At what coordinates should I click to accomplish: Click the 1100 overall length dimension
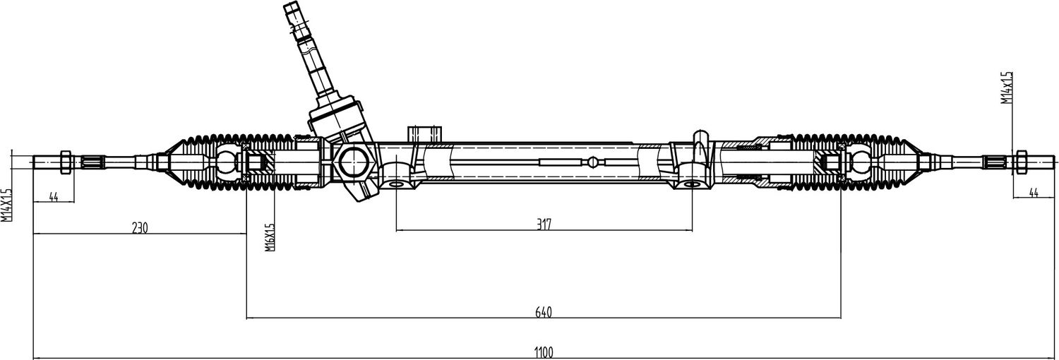(544, 352)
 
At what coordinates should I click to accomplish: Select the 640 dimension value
(544, 312)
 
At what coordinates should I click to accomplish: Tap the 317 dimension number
(544, 224)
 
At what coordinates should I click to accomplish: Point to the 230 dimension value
(140, 228)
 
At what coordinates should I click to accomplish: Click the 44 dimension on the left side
(54, 196)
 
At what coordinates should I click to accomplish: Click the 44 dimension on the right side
(1034, 193)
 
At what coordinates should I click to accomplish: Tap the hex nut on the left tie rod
(66, 162)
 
